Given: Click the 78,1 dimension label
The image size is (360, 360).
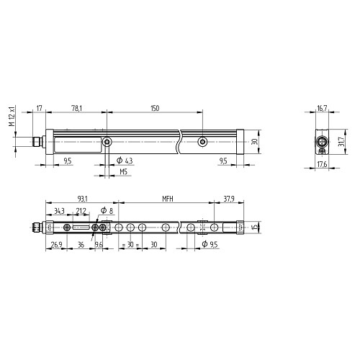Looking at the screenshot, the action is pyautogui.click(x=77, y=109).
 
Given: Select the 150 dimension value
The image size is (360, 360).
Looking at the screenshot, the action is pyautogui.click(x=155, y=109).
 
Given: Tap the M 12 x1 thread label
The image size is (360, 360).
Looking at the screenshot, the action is pyautogui.click(x=12, y=116).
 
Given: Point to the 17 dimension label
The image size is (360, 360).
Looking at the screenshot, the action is pyautogui.click(x=39, y=109).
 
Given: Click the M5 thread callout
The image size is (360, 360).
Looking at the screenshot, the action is pyautogui.click(x=123, y=172).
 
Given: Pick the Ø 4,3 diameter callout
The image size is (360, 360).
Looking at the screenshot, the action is pyautogui.click(x=125, y=161).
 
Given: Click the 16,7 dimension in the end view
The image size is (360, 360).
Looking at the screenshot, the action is pyautogui.click(x=322, y=109).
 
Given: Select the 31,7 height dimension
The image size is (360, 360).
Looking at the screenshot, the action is pyautogui.click(x=342, y=142).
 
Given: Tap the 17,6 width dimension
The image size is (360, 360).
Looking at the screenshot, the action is pyautogui.click(x=322, y=164).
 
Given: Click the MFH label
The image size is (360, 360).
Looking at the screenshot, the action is pyautogui.click(x=168, y=199).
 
